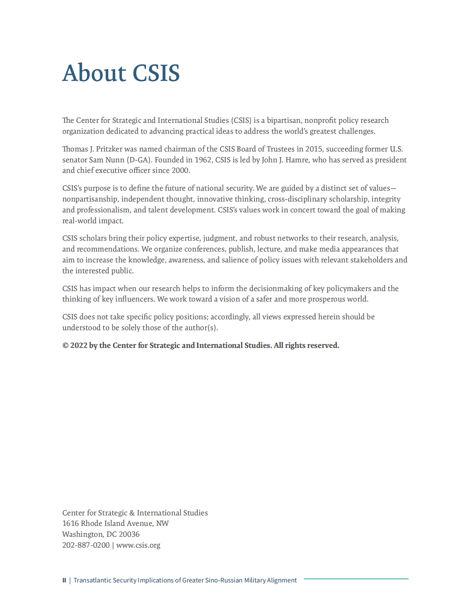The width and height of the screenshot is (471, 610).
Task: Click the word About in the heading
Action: [94, 73]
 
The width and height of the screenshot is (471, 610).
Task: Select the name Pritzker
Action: [109, 149]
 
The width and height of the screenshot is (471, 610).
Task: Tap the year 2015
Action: [314, 149]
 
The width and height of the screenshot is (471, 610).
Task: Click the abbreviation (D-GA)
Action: [138, 160]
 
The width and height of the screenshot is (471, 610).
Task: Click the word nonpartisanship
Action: [90, 199]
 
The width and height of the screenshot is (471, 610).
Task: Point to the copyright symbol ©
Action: [65, 346]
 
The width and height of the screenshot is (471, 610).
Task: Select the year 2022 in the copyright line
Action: [79, 346]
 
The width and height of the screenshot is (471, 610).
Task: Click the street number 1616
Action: [70, 523]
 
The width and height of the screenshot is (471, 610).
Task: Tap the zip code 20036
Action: [129, 534]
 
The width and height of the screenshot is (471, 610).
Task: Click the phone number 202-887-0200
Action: [86, 545]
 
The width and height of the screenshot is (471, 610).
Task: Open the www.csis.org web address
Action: [138, 545]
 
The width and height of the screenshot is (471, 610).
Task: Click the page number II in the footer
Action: [64, 580]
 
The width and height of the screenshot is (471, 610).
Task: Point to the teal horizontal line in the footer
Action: [356, 579]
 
